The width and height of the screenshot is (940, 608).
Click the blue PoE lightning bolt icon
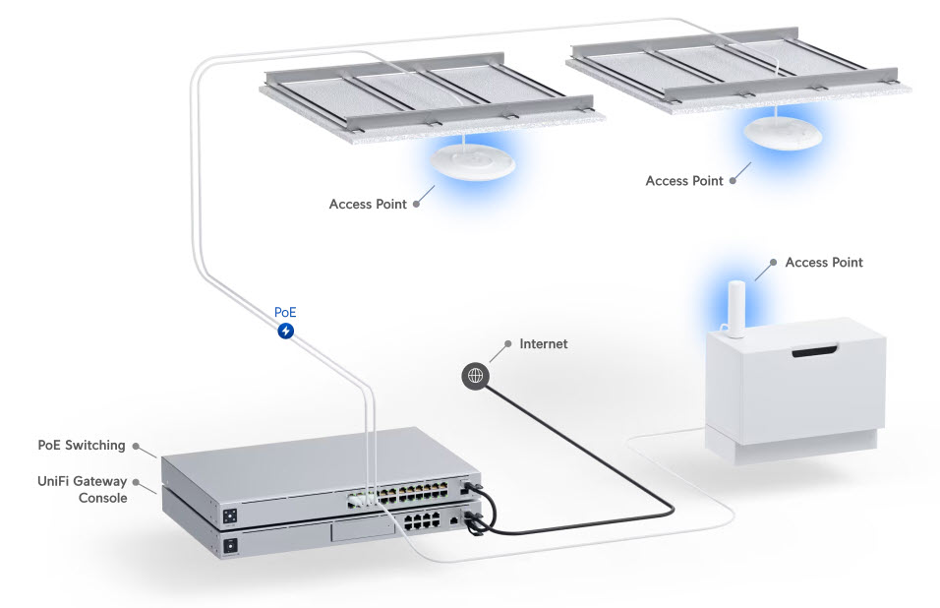(x=286, y=331)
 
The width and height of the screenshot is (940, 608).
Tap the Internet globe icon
(x=475, y=376)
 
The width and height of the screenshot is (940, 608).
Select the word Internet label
(x=543, y=343)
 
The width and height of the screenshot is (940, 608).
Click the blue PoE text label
(x=285, y=312)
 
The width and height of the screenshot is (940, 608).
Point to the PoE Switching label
(x=82, y=445)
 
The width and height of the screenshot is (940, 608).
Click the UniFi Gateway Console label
(x=83, y=489)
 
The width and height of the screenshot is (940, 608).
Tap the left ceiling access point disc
(x=473, y=160)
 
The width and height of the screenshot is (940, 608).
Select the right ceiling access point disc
(x=783, y=132)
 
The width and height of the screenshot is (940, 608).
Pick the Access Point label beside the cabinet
(x=824, y=262)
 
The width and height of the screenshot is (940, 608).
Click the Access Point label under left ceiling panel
(x=368, y=204)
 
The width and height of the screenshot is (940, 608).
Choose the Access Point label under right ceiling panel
(x=684, y=180)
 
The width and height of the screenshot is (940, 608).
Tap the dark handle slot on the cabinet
(x=815, y=351)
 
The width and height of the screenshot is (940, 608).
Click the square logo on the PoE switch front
(x=230, y=516)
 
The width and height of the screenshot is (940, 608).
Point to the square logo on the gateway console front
(x=230, y=546)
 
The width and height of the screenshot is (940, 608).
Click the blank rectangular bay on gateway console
(x=363, y=530)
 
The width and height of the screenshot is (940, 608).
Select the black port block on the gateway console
(x=422, y=520)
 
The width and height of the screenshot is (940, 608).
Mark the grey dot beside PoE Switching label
(x=136, y=446)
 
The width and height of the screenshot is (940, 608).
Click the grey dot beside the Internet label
(x=507, y=343)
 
